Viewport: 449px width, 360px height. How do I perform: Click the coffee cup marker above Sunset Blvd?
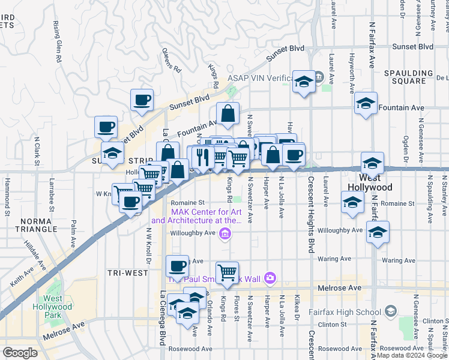[142, 100]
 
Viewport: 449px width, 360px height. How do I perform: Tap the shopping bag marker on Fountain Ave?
[228, 113]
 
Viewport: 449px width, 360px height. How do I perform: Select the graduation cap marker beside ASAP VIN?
[304, 82]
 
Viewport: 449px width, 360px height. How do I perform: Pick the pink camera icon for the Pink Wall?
[270, 277]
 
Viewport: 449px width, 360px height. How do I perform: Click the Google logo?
[20, 352]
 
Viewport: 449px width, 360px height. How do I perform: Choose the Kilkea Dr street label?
[297, 306]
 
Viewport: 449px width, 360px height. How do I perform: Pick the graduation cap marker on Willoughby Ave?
[378, 233]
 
